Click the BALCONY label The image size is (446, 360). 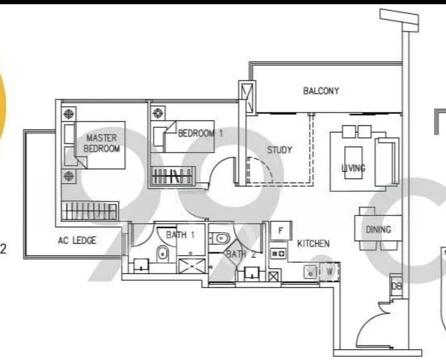point(321,91)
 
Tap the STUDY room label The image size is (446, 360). point(279,150)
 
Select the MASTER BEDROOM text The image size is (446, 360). point(102,143)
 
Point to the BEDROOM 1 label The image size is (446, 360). point(200,133)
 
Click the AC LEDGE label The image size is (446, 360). point(77,241)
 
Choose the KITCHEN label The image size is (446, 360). point(313,244)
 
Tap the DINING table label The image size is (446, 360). point(378,229)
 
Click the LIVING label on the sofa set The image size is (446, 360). point(353,168)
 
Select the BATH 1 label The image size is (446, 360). point(180,235)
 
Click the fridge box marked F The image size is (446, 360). point(280,230)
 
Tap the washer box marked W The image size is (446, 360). point(330,271)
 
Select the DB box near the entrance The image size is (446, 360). point(396,287)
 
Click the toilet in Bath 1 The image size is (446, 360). point(162,254)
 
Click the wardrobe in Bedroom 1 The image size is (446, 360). point(171,176)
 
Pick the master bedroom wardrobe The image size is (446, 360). point(88,211)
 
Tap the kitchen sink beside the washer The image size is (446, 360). point(311,271)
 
